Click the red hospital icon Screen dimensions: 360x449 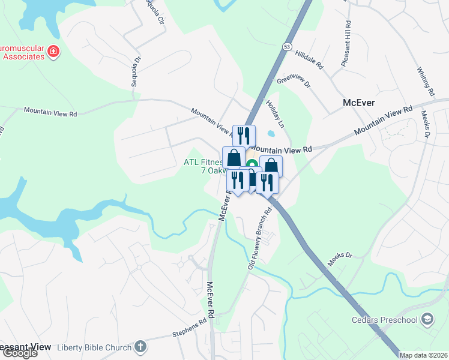(x=53, y=52)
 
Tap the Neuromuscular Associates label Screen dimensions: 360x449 (x=22, y=52)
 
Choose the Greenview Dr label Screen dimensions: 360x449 (x=294, y=82)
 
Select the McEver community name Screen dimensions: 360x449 (x=358, y=103)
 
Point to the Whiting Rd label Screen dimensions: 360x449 (x=426, y=82)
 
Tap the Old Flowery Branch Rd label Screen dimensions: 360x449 (x=261, y=238)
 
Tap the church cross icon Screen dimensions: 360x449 (x=140, y=346)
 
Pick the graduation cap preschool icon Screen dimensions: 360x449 (x=427, y=319)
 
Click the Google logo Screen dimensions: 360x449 (x=19, y=353)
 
